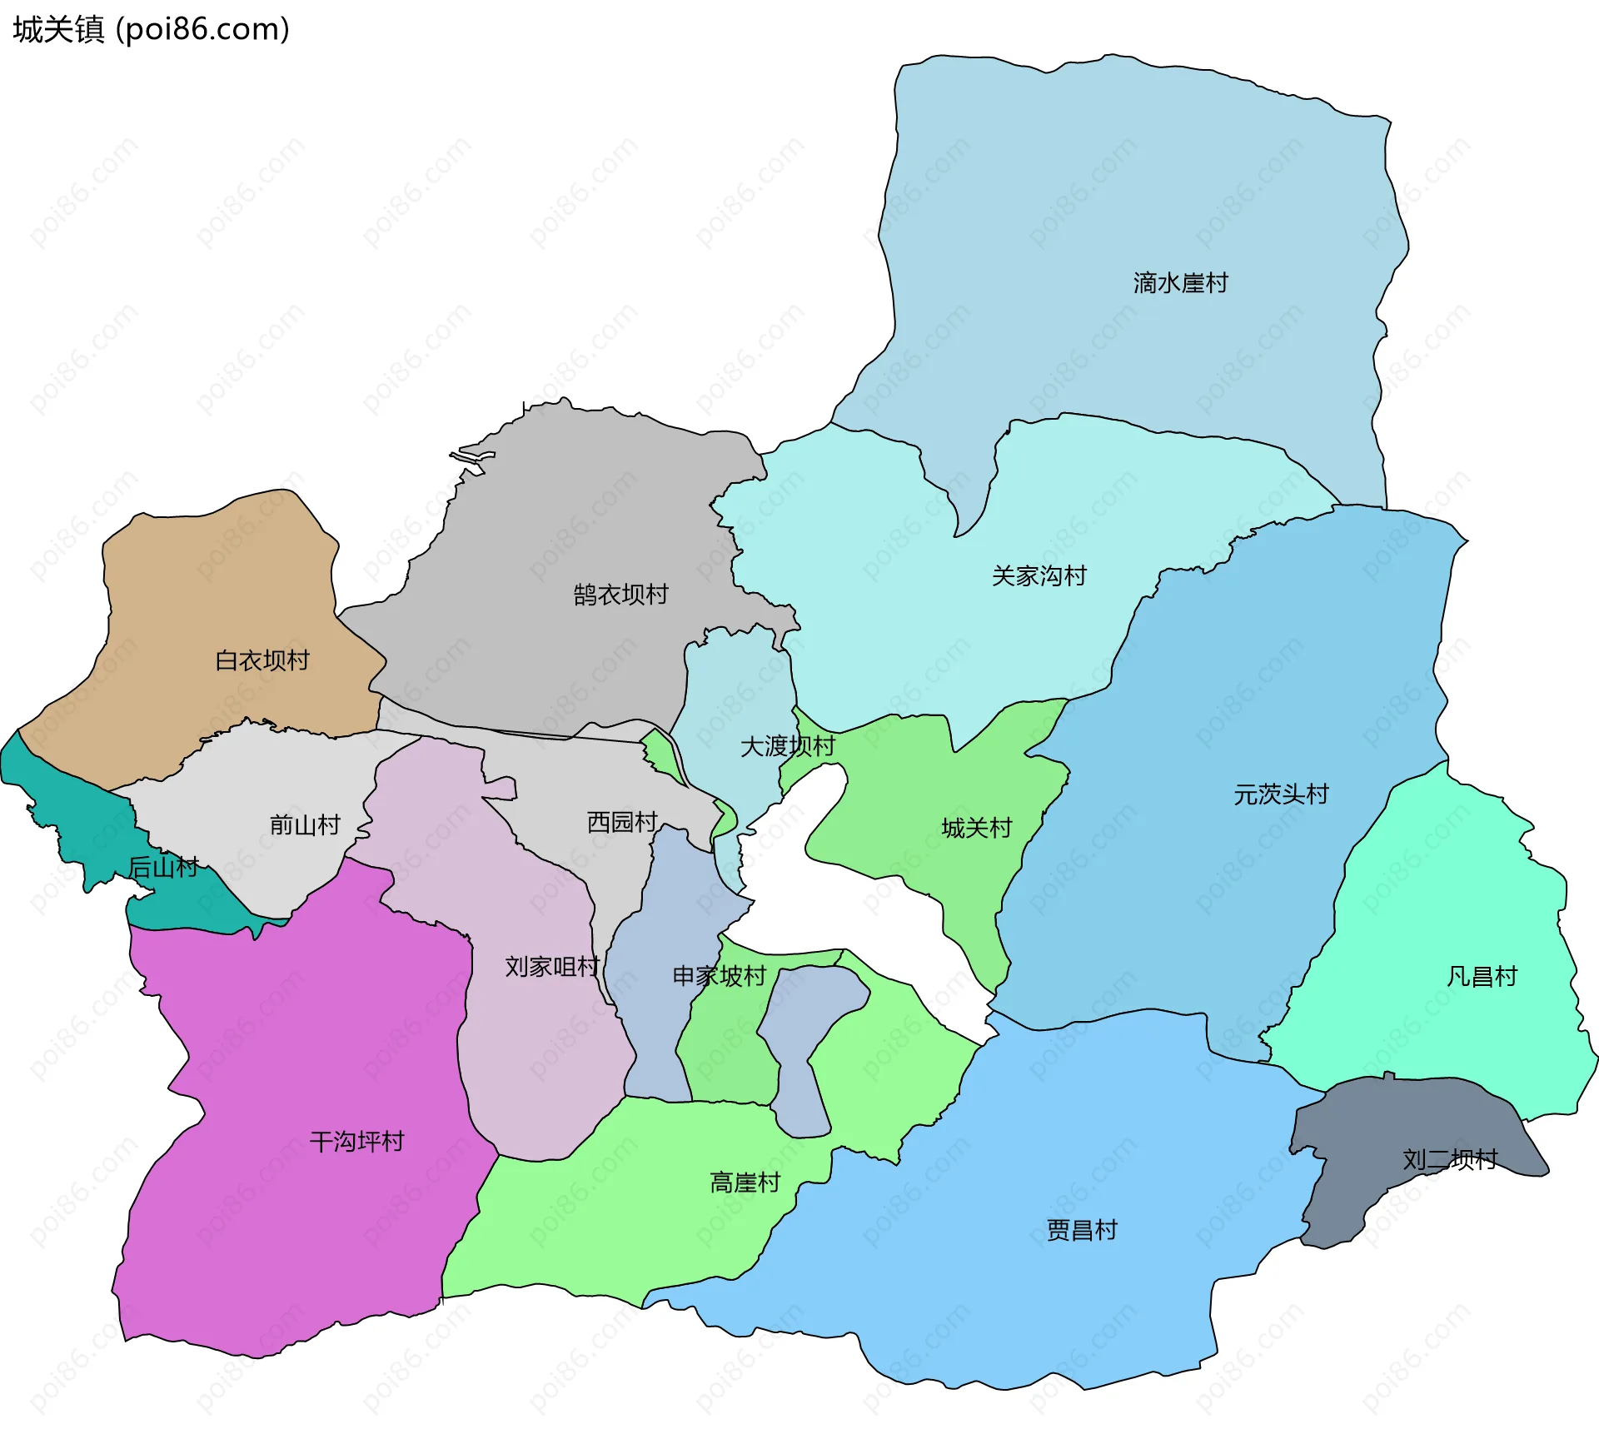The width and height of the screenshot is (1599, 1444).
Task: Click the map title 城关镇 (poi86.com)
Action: tap(151, 29)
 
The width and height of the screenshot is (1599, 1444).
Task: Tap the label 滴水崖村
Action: tap(1180, 283)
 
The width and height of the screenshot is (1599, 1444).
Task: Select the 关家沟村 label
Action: tap(1039, 575)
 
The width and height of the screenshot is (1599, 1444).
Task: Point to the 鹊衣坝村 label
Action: tap(620, 595)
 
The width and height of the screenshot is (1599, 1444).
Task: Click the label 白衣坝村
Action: tap(262, 660)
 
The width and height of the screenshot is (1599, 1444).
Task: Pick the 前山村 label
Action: tap(305, 824)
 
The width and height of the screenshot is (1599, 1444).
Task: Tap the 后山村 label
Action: tap(163, 868)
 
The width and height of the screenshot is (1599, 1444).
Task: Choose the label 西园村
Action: tap(622, 822)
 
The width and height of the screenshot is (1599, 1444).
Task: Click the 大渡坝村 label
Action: tap(787, 745)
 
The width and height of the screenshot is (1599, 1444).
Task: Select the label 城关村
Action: tap(976, 828)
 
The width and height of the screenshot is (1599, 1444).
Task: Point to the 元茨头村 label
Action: tap(1281, 794)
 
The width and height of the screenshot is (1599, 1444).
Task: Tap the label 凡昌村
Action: tap(1482, 976)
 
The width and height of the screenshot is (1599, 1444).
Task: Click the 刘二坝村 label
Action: tap(1450, 1159)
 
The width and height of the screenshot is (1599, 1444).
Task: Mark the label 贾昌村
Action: tap(1082, 1230)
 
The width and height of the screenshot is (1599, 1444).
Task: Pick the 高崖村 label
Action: tap(745, 1183)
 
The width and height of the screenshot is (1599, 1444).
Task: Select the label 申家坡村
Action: tap(719, 976)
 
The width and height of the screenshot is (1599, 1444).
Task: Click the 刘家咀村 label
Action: tap(552, 967)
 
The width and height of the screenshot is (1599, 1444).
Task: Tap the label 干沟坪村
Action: tap(356, 1141)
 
